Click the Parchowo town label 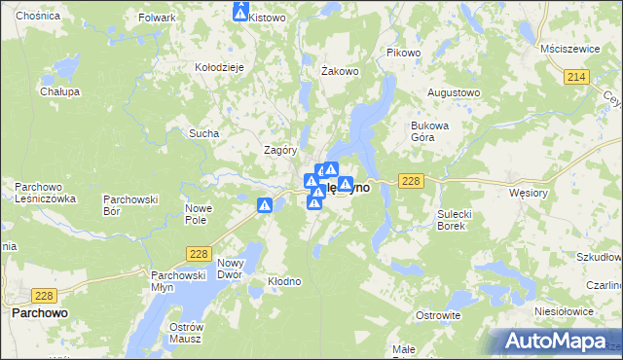tap(39, 313)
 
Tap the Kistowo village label tap(267, 18)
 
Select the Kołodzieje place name tap(219, 66)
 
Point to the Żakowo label tap(341, 71)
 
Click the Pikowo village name tap(403, 53)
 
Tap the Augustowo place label tap(455, 92)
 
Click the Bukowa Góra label tap(429, 131)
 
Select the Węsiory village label tap(530, 193)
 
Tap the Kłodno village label tap(284, 281)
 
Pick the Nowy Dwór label tap(230, 270)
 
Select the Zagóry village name tap(279, 150)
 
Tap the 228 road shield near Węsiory tap(411, 181)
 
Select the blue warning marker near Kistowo tap(241, 12)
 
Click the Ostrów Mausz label tap(184, 332)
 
